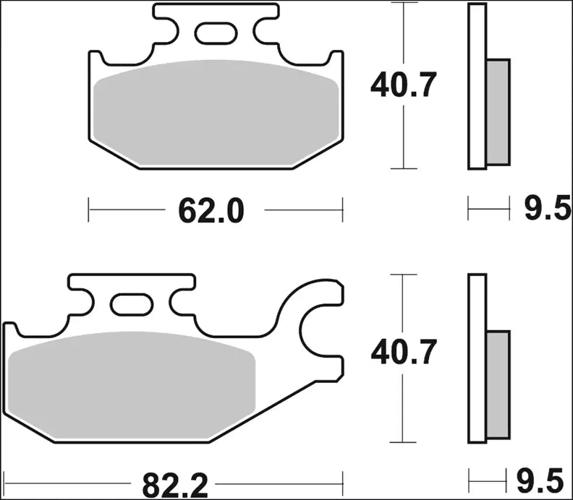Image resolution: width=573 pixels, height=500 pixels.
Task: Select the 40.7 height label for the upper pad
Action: (x=403, y=86)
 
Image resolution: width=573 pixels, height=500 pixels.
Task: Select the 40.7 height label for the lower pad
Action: (x=403, y=353)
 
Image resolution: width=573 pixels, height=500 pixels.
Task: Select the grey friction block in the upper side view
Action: (x=498, y=110)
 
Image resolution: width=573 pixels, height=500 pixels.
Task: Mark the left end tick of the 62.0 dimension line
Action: (x=88, y=210)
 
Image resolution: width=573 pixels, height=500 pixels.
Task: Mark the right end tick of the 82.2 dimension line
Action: (x=341, y=479)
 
